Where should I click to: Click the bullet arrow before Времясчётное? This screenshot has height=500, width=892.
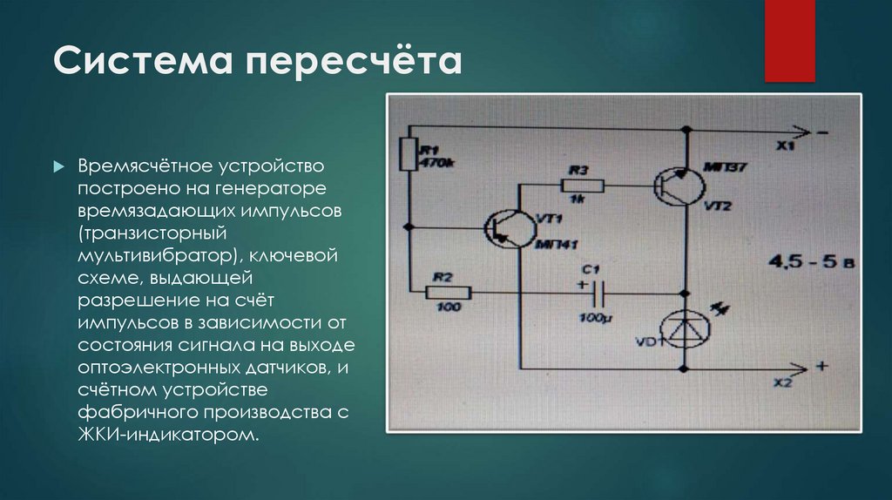point(58,166)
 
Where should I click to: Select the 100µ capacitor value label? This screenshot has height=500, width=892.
point(589,318)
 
